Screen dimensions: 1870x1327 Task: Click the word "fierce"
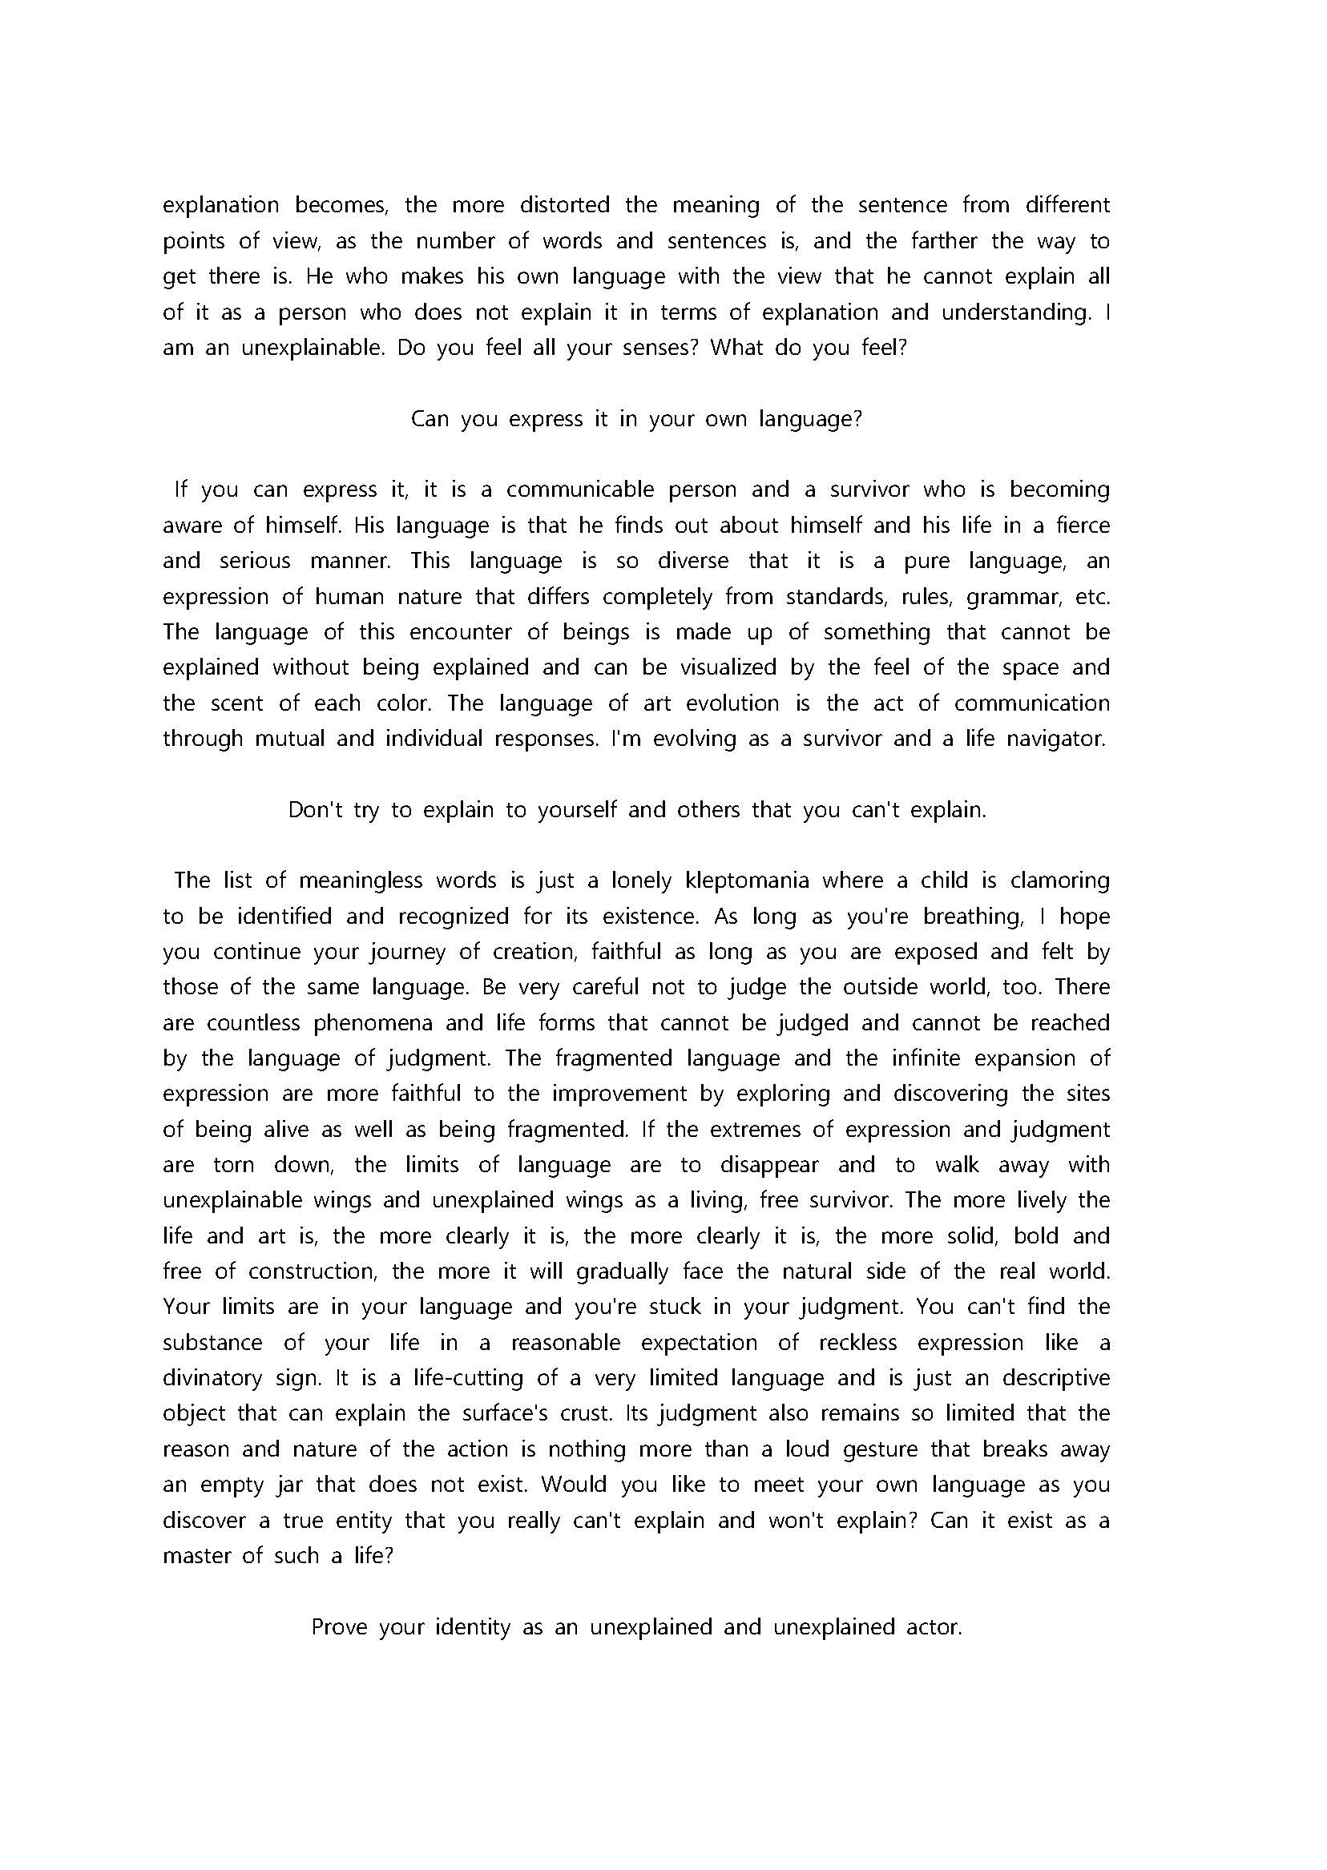point(1082,525)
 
